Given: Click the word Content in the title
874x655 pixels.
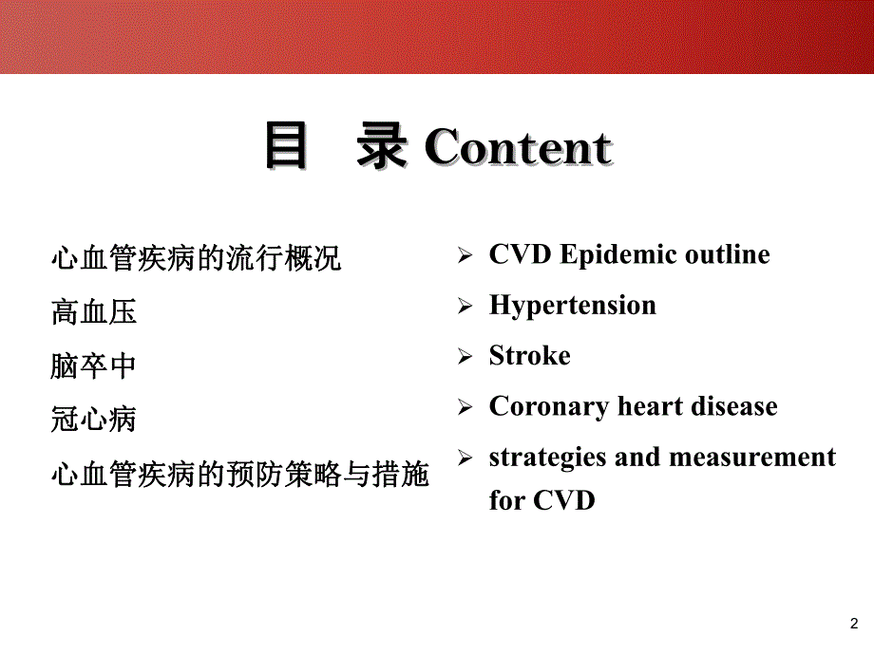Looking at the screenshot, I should pos(518,149).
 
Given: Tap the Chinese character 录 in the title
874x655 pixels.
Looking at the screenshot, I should pos(382,148).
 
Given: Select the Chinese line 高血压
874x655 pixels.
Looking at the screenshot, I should pos(94,310).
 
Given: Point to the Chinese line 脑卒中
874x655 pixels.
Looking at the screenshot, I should pos(94,365).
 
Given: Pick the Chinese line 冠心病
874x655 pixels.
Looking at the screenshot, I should pos(94,419).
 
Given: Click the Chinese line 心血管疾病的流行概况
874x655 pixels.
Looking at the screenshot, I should pos(196,257).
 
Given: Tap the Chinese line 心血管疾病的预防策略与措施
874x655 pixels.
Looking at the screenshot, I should pos(239,473).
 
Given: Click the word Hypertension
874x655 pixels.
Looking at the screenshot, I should pos(572,306).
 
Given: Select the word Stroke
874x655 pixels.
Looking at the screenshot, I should pos(529,356).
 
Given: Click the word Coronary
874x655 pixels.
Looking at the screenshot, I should pos(549,407).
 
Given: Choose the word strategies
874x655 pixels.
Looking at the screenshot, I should pos(546,458).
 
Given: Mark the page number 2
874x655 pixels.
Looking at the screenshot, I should pos(851,624).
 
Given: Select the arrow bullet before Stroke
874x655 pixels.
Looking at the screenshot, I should pos(465,358).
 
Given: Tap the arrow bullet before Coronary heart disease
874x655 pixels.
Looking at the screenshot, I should pos(465,408).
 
